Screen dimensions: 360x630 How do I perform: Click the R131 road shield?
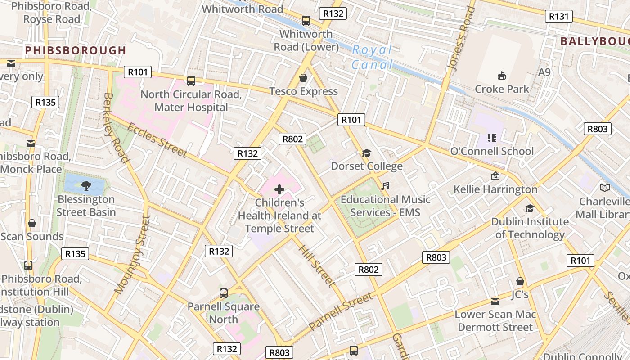[559, 17]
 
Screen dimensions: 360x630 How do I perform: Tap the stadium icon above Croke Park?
[502, 76]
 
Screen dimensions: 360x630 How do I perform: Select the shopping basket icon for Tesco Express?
[303, 78]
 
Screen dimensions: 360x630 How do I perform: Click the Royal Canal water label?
[372, 57]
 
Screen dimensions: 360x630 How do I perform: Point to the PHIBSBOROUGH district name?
[76, 50]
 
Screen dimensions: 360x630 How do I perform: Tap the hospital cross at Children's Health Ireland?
[279, 189]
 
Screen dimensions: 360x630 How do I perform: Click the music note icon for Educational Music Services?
[385, 186]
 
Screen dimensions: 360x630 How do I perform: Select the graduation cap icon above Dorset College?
[366, 153]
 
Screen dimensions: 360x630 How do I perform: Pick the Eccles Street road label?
[157, 140]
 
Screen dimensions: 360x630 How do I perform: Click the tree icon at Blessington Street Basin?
[86, 185]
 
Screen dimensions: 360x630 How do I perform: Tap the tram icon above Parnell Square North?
[224, 293]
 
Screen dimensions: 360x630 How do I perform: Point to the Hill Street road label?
[317, 266]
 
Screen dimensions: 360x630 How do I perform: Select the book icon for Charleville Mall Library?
[605, 188]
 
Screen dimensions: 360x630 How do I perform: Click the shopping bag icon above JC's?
[520, 281]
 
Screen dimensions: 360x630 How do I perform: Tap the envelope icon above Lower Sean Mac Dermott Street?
[495, 301]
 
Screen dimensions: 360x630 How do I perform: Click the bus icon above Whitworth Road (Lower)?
[306, 20]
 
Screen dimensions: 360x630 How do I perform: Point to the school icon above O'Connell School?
[491, 138]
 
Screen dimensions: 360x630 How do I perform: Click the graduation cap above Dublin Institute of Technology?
[530, 208]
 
